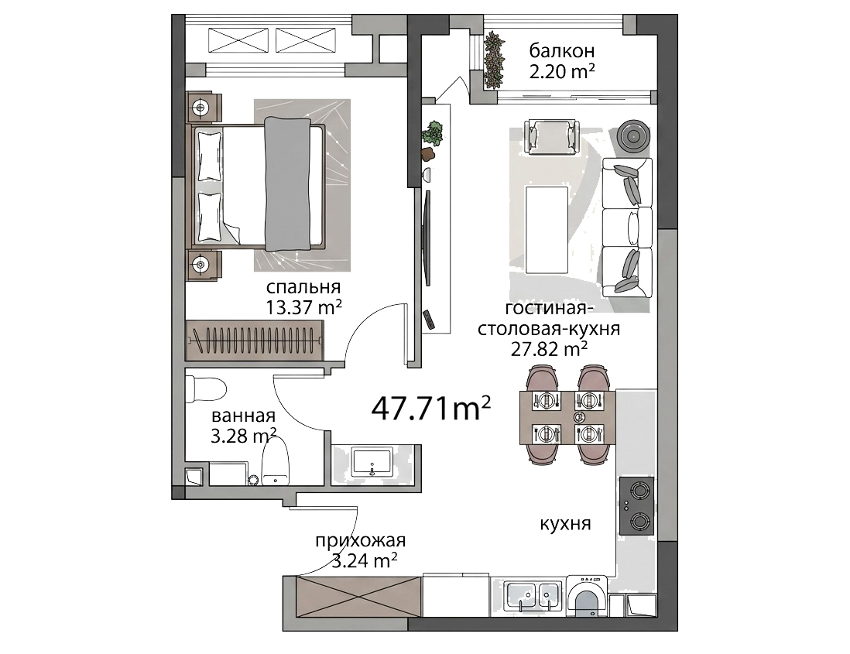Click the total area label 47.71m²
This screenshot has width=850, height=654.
431,408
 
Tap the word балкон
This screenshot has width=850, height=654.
561,51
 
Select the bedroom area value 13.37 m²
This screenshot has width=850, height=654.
303,307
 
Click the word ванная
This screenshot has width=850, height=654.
243,416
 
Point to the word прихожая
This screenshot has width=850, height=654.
361,541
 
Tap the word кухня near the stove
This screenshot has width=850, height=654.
565,524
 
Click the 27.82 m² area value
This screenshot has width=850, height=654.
549,350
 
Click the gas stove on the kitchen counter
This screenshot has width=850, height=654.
636,505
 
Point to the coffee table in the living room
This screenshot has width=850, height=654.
547,230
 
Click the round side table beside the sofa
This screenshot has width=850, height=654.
635,135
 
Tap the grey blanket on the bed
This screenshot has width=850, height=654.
287,184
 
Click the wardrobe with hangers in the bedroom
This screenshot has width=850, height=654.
255,340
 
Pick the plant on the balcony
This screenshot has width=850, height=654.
493,59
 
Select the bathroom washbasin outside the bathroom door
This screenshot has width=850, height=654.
373,461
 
